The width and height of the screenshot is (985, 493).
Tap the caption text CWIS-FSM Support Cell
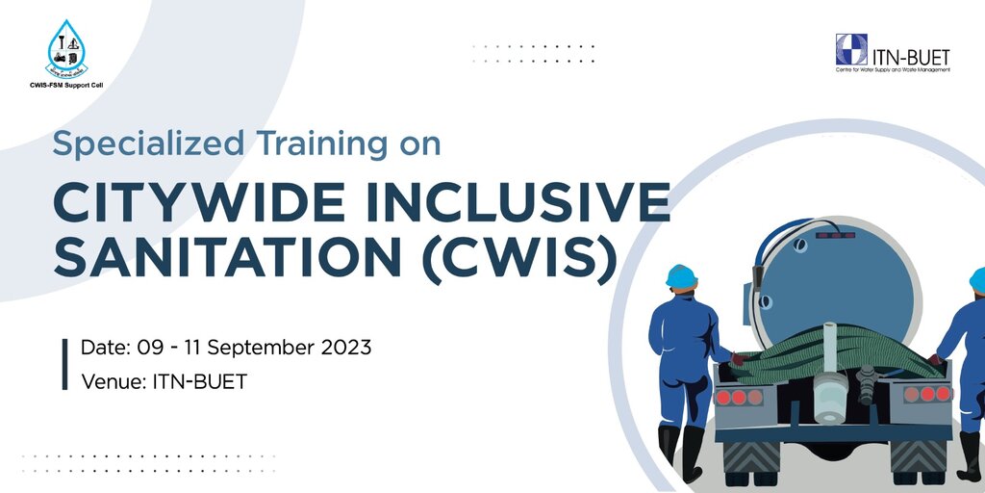coord(66,86)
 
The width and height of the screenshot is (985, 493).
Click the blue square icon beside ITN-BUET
coord(851,49)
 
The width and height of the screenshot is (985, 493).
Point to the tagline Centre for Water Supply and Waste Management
coord(893,69)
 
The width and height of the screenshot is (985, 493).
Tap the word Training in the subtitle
coord(292,144)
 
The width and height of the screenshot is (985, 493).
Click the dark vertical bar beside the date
coord(64,364)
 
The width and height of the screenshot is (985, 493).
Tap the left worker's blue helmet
coord(681,276)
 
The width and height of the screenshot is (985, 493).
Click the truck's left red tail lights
coord(738,396)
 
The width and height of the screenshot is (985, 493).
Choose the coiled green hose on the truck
coord(827,352)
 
